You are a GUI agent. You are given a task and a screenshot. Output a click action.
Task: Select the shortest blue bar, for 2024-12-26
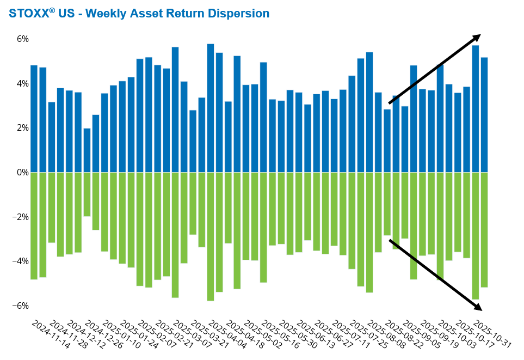click(x=87, y=150)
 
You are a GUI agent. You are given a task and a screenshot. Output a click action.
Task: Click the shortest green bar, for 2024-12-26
click(x=87, y=194)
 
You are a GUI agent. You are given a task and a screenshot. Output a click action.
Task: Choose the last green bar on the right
click(x=484, y=229)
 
